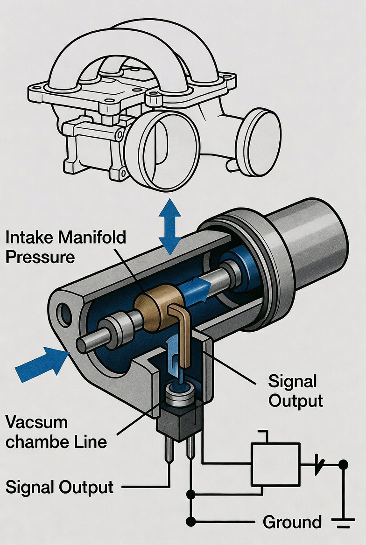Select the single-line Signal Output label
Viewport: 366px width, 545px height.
pyautogui.click(x=59, y=487)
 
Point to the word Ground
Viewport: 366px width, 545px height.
pyautogui.click(x=292, y=522)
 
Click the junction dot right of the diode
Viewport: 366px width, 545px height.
pyautogui.click(x=343, y=465)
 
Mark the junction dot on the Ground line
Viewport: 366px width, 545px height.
pyautogui.click(x=190, y=521)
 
